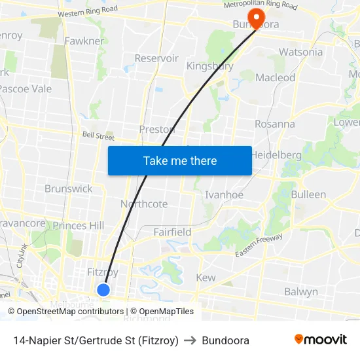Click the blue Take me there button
[x=180, y=160]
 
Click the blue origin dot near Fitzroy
[x=103, y=289]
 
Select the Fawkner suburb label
[x=84, y=41]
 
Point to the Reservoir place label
[x=156, y=58]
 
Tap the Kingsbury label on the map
[x=210, y=66]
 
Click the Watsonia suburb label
[x=300, y=52]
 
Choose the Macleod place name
[x=275, y=77]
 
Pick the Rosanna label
[x=275, y=124]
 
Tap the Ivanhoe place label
[x=225, y=194]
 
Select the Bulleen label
[x=308, y=194]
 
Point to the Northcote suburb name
[x=144, y=204]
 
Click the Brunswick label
[x=69, y=189]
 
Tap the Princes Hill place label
[x=79, y=226]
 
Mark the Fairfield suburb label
[x=172, y=232]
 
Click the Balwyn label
[x=301, y=291]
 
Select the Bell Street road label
[x=98, y=137]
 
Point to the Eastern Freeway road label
[x=260, y=245]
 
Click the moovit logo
[x=321, y=340]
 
